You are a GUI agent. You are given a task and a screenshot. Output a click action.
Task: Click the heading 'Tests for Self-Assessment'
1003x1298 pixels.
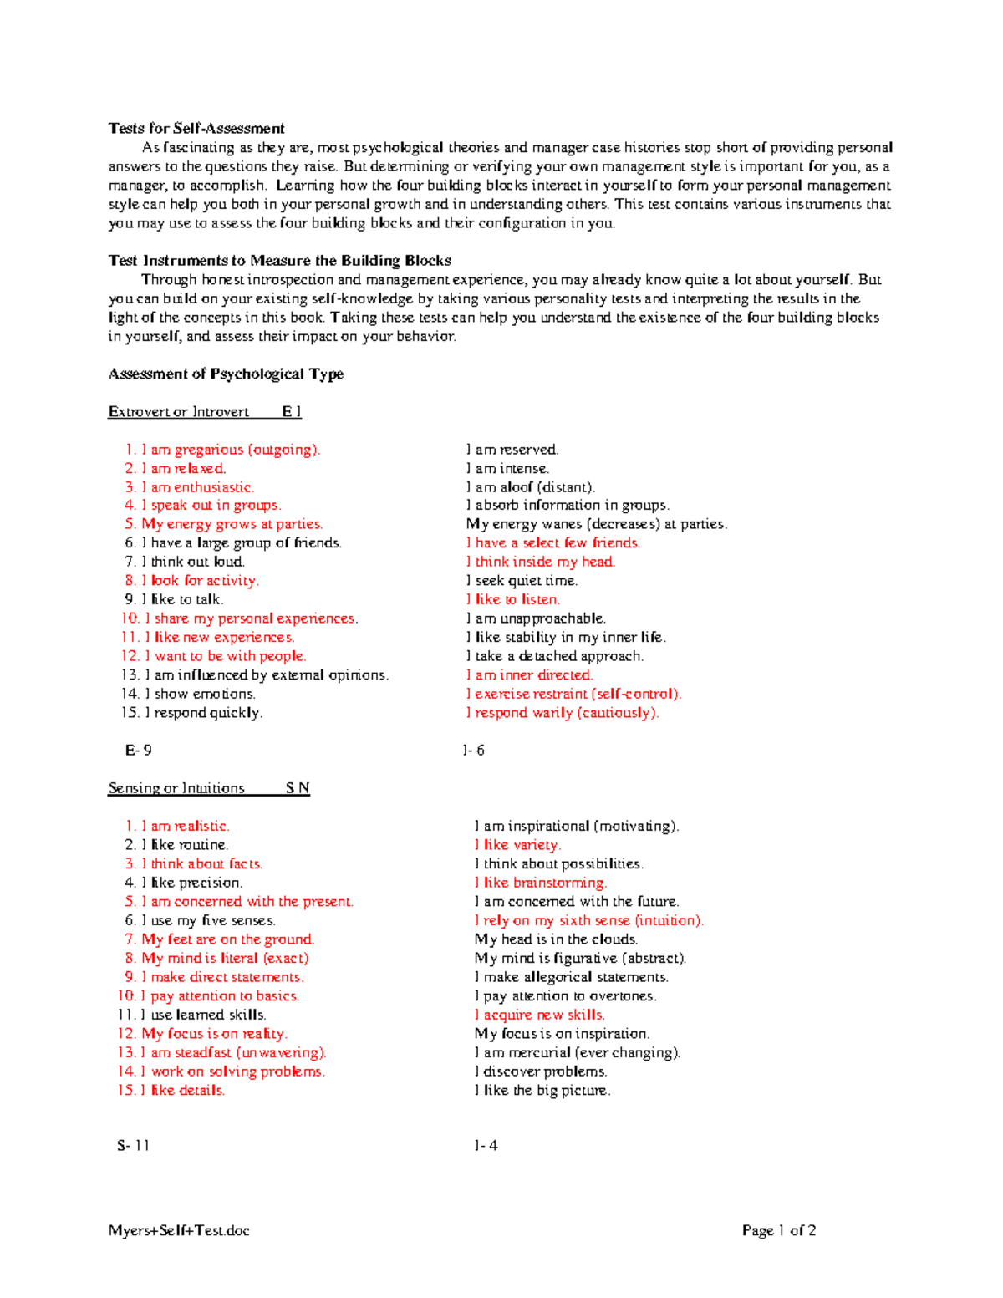click(196, 128)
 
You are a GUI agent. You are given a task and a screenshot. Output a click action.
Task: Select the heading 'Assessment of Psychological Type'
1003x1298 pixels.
click(226, 374)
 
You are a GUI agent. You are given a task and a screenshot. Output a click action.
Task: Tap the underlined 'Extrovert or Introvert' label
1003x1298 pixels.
click(178, 411)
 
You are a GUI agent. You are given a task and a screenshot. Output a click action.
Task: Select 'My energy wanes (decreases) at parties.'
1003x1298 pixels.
click(596, 524)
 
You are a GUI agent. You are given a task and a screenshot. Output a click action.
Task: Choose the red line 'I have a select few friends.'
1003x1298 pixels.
click(553, 543)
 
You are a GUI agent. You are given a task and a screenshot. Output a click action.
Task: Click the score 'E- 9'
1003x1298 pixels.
click(138, 751)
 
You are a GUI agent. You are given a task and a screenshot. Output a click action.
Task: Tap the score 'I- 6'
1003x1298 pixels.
click(473, 751)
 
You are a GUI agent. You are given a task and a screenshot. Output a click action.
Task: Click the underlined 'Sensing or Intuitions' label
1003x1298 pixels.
click(176, 788)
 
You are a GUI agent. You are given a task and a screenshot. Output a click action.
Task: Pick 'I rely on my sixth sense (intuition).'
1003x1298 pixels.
click(589, 920)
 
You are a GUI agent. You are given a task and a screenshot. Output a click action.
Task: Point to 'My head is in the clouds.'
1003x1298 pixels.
click(556, 939)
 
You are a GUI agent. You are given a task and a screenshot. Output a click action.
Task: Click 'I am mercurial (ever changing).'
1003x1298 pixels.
click(578, 1052)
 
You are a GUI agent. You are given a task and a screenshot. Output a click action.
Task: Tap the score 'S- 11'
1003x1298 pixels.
click(133, 1146)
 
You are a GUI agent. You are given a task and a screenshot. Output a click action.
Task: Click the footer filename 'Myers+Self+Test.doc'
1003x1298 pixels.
click(179, 1230)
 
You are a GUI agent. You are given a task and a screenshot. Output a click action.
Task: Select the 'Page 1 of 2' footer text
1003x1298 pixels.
click(779, 1230)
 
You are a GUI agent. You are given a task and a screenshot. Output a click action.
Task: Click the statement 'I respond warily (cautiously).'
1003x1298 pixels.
click(563, 713)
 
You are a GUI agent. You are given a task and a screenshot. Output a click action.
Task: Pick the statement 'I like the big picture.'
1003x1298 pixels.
click(542, 1090)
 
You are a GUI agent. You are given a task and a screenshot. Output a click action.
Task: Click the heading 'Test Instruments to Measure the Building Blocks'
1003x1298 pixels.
click(279, 260)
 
